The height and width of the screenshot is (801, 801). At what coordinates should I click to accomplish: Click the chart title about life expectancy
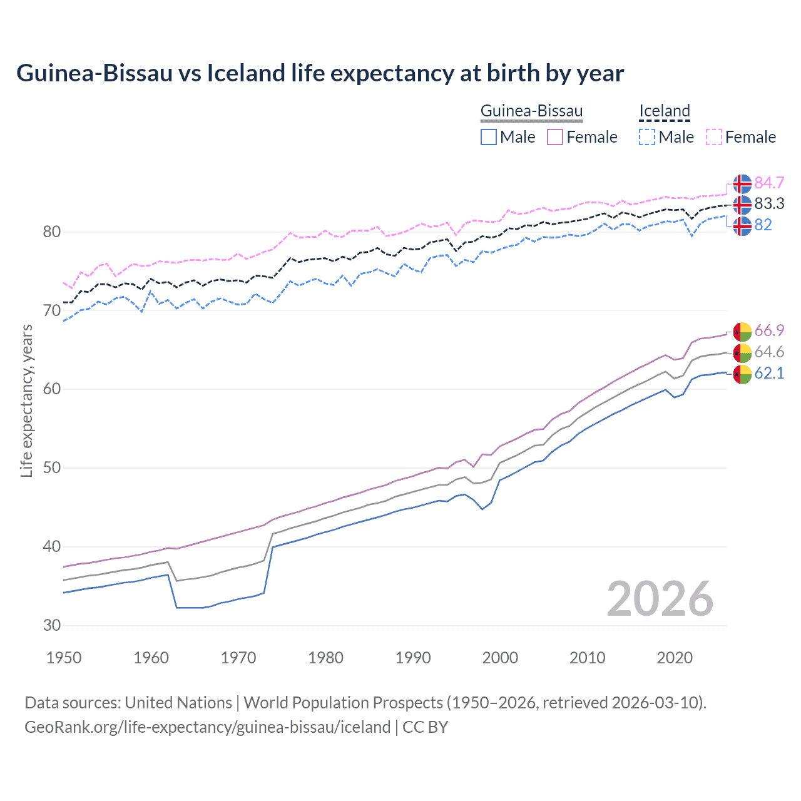(x=320, y=73)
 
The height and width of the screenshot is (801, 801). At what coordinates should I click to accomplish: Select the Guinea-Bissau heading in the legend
(x=531, y=111)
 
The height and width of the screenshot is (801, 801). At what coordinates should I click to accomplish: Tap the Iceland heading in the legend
(x=664, y=111)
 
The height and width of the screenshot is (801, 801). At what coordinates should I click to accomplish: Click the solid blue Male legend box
(x=489, y=137)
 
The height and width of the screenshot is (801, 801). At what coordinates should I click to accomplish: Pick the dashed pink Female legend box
(x=714, y=137)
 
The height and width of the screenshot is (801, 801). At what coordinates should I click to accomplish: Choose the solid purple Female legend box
(x=555, y=137)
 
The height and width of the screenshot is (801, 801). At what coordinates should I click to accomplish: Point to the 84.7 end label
(x=769, y=183)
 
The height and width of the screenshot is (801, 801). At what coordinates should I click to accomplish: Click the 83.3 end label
(x=769, y=203)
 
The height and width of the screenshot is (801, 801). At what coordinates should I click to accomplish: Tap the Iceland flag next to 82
(x=742, y=225)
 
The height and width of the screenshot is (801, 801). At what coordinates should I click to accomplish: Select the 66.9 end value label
(x=769, y=330)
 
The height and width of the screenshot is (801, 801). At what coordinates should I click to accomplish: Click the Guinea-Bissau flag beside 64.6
(x=742, y=352)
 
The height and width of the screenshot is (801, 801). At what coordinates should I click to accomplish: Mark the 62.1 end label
(x=769, y=374)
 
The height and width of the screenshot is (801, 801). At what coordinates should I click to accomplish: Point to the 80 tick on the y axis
(x=52, y=232)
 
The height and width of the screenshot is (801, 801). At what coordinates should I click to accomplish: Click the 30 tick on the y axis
(x=52, y=625)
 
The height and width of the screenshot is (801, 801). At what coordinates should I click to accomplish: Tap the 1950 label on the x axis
(x=64, y=658)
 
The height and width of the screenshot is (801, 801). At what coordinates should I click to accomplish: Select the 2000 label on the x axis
(x=500, y=658)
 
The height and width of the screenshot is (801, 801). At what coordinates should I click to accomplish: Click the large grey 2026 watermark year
(x=660, y=599)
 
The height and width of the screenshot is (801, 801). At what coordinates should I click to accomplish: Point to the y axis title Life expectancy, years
(x=26, y=400)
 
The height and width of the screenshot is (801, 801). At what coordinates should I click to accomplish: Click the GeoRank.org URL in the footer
(x=207, y=727)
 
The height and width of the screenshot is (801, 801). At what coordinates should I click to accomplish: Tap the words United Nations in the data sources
(x=178, y=703)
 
